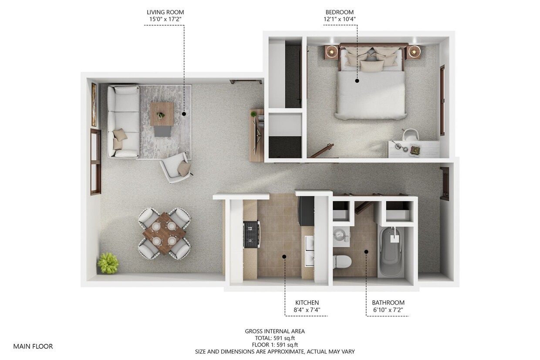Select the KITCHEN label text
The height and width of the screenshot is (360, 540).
(307, 303)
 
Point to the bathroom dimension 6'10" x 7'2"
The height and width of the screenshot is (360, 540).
(388, 310)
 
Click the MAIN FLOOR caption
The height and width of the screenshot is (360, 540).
(33, 347)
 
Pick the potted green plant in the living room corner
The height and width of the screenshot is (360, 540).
(108, 263)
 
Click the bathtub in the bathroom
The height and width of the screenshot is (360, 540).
(391, 252)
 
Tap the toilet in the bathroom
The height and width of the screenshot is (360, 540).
(342, 262)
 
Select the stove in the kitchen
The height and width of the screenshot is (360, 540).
(251, 234)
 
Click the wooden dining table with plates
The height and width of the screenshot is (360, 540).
(164, 233)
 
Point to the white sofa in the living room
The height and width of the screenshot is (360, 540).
(123, 121)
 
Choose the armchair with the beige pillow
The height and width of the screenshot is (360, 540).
(176, 167)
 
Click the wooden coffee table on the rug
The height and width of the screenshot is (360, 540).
(162, 114)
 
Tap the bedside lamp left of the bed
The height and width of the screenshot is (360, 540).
(332, 52)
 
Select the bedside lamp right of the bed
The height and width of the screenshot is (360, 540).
(414, 52)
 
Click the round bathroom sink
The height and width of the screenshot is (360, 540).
(341, 236)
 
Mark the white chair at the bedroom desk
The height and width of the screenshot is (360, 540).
(410, 135)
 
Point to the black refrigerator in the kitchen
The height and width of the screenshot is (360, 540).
(306, 211)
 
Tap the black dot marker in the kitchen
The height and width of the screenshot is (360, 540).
(284, 257)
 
